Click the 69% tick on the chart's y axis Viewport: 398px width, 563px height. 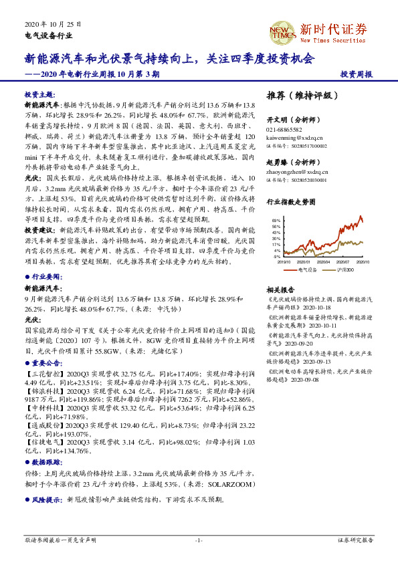276,220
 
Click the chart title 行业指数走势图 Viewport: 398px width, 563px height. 290,201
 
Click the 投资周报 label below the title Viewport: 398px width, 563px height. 357,75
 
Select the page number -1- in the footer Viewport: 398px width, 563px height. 199,540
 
